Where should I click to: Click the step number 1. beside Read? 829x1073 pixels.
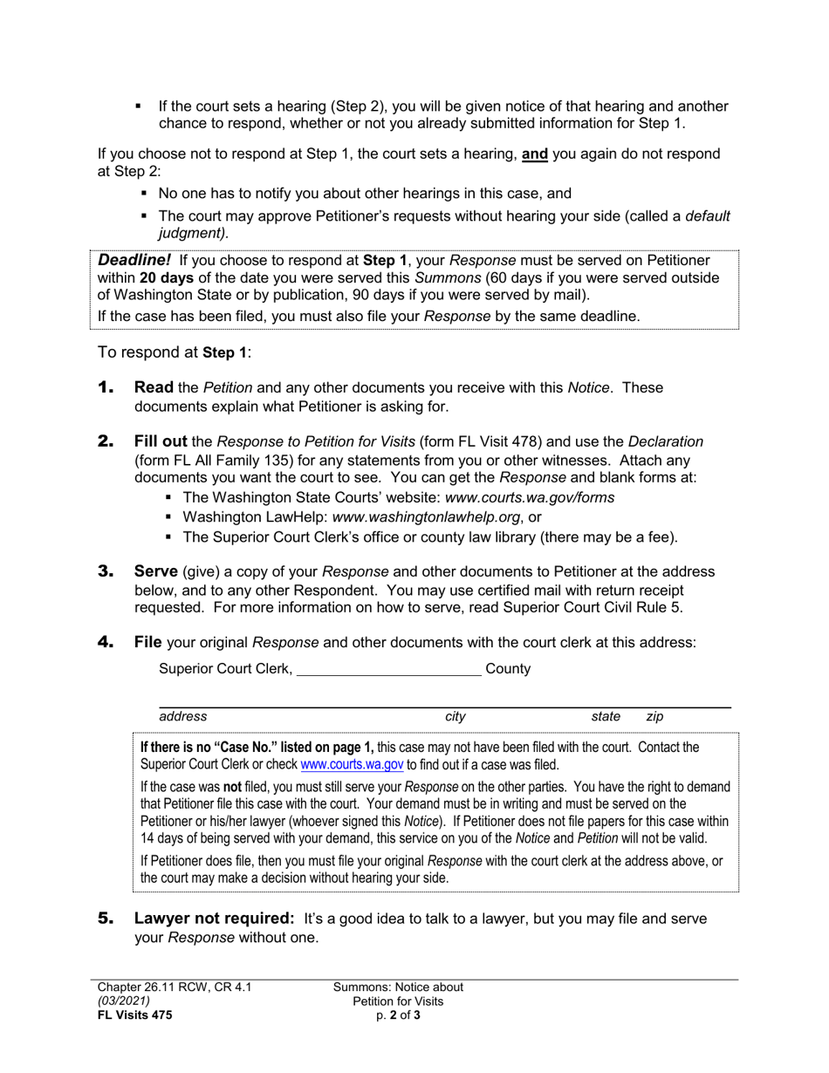click(x=106, y=387)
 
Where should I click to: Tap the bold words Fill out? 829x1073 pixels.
click(x=161, y=441)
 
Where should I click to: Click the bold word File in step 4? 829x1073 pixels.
click(x=148, y=642)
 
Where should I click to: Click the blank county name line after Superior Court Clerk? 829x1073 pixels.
click(x=388, y=669)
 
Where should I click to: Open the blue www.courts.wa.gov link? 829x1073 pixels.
click(x=352, y=765)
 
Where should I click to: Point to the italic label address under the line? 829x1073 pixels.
click(x=183, y=716)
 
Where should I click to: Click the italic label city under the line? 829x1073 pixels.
click(x=456, y=716)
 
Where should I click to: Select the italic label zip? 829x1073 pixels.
click(x=654, y=716)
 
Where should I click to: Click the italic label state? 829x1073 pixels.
click(x=606, y=716)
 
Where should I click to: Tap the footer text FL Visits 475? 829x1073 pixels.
click(x=134, y=1015)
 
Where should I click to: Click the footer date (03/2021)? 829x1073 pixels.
click(x=124, y=1001)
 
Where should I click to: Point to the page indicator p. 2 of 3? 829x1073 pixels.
click(x=398, y=1015)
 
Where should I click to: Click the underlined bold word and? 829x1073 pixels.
click(x=535, y=154)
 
